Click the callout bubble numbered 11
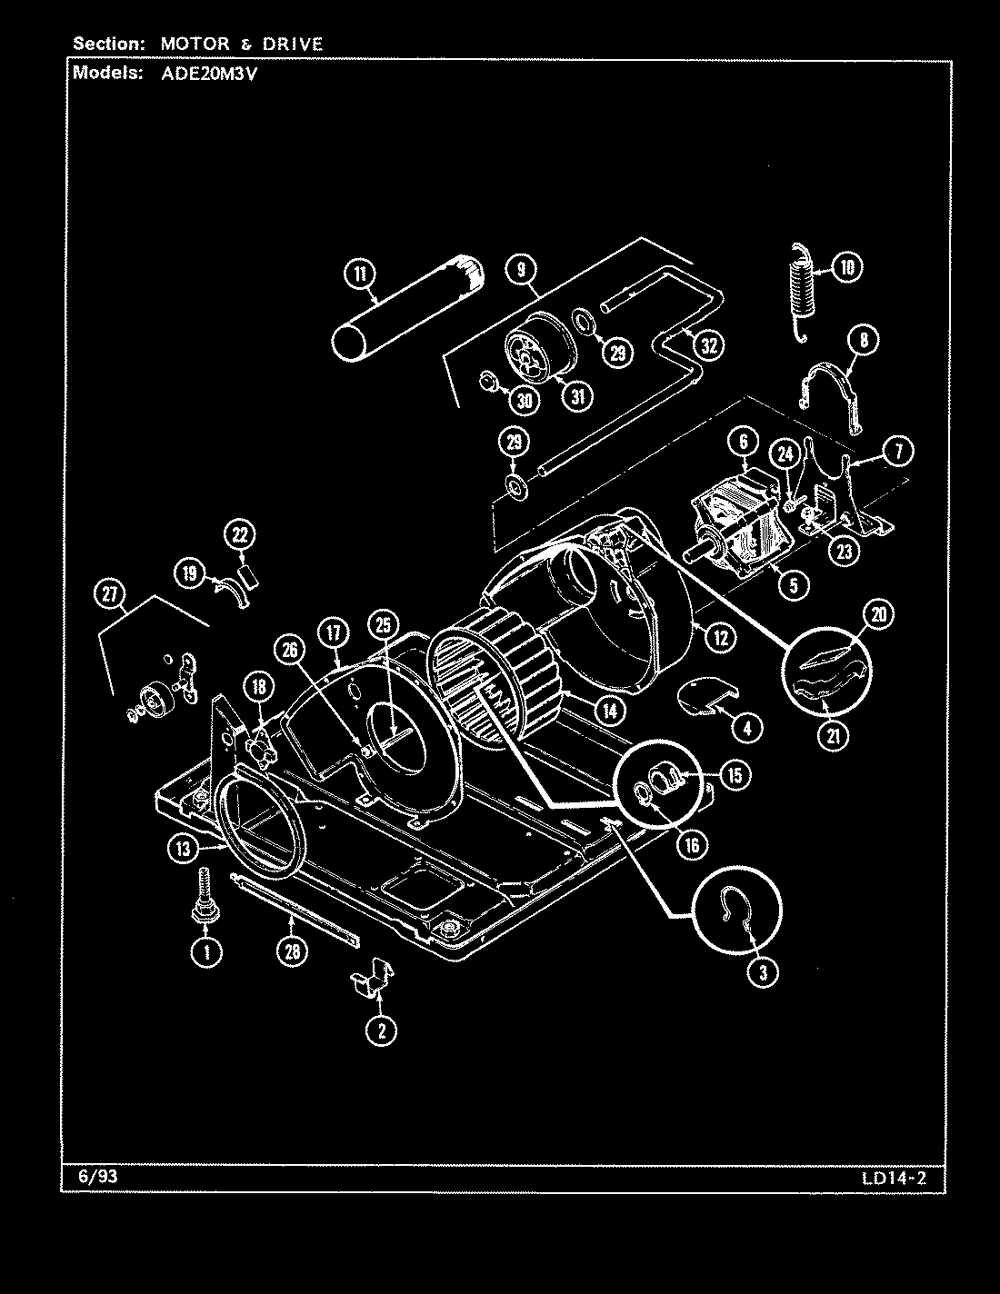(x=359, y=273)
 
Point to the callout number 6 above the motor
(x=743, y=443)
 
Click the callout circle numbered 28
(x=291, y=951)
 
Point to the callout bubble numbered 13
(x=184, y=849)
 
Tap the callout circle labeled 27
(x=110, y=594)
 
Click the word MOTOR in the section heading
(x=190, y=44)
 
